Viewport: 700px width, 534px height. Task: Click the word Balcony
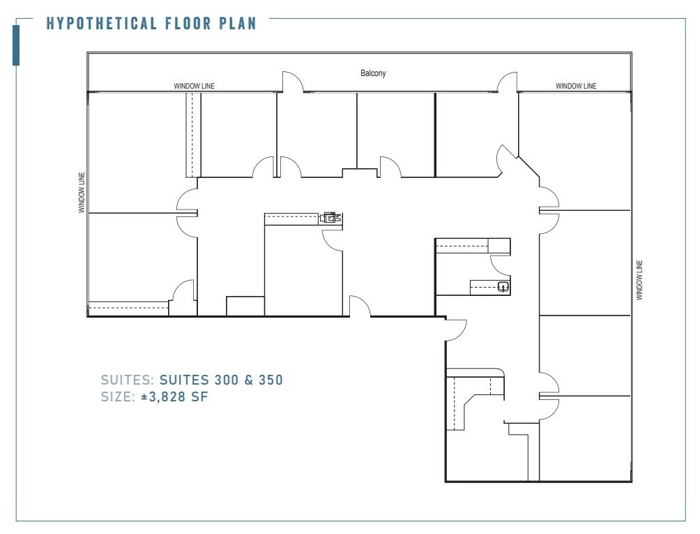pos(373,73)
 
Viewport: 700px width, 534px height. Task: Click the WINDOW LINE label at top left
pos(194,86)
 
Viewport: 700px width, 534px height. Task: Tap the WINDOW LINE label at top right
pos(576,86)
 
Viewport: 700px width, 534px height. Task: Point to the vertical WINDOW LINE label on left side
pos(82,193)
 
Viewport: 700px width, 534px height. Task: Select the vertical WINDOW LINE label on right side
pos(639,280)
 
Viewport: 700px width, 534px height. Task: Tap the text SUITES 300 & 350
pos(221,380)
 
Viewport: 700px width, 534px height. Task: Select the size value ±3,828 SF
pos(174,397)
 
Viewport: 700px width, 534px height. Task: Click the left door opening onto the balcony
pos(294,82)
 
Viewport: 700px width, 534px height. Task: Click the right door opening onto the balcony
pos(507,82)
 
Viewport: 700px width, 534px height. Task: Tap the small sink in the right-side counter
pos(503,285)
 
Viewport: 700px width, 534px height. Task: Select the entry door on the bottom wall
pos(360,307)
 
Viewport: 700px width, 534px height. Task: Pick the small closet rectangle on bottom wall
pos(245,306)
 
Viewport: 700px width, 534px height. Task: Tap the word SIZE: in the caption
pos(118,397)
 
